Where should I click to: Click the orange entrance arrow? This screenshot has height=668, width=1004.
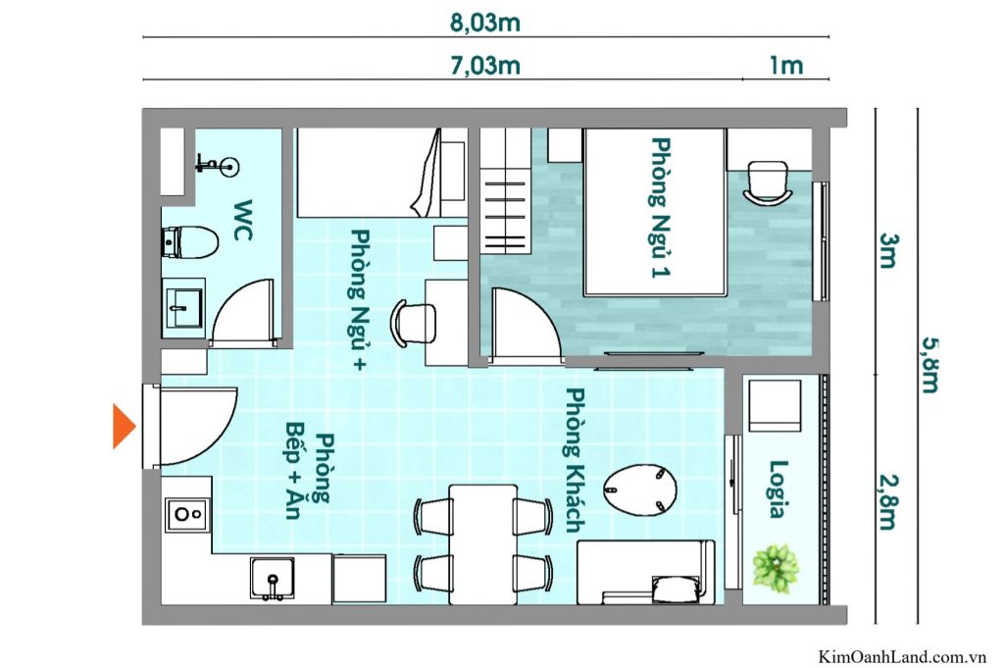tap(124, 426)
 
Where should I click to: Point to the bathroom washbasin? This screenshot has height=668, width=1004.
tap(181, 307)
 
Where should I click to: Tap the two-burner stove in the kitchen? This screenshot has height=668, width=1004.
tap(185, 512)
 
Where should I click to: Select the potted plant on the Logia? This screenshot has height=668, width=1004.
tap(776, 567)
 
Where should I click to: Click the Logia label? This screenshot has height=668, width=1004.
tap(779, 488)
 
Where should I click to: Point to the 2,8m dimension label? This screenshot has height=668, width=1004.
tap(887, 499)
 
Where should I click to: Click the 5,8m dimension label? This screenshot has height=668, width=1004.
tap(930, 364)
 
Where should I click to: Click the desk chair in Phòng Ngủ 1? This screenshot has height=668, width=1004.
tap(768, 182)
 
